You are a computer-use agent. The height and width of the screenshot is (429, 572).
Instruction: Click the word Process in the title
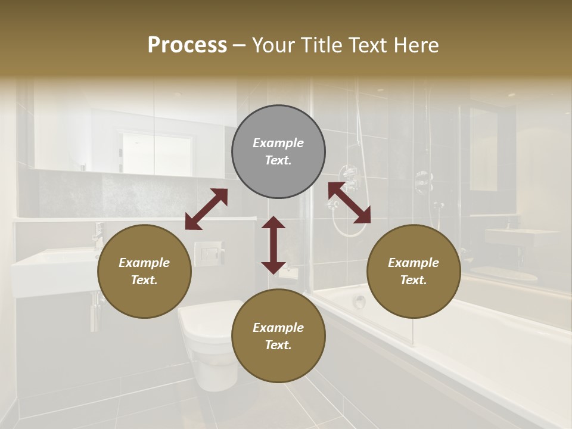[x=187, y=45]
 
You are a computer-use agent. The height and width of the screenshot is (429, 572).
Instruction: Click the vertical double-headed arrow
[x=273, y=245]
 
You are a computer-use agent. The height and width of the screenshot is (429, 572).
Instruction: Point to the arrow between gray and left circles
[x=206, y=209]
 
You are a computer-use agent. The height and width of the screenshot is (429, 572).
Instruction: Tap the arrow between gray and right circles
[x=349, y=203]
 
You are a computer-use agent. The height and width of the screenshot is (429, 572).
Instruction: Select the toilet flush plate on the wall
[x=209, y=254]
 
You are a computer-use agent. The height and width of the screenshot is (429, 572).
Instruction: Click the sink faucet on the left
[x=98, y=235]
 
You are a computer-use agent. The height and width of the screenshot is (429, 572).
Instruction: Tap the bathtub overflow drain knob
[x=359, y=301]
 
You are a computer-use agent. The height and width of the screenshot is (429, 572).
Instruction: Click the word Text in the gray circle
[x=278, y=160]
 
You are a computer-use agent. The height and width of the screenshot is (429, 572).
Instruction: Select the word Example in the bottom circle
[x=278, y=328]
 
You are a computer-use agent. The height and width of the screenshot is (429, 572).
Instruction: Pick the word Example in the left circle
[x=144, y=263]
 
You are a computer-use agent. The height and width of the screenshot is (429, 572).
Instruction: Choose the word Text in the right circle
[x=413, y=280]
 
